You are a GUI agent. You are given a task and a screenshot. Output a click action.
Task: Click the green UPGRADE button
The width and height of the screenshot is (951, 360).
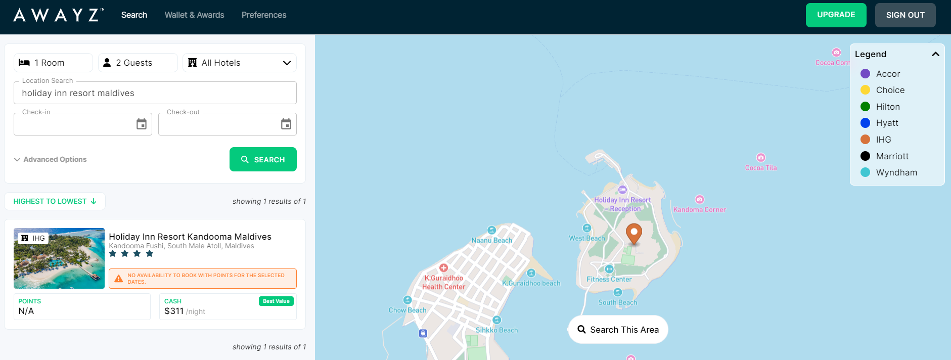coord(836,15)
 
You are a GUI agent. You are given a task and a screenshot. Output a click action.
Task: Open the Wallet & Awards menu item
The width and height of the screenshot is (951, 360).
coord(194,15)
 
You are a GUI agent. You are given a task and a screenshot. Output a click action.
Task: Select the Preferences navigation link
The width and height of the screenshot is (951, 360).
coord(264,15)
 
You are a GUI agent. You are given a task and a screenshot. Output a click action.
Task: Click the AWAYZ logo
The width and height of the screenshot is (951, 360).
coord(59,15)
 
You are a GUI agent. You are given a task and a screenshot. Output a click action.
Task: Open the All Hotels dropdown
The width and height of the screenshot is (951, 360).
coord(240,63)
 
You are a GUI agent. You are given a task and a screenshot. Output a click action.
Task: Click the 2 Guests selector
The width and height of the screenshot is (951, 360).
coord(138,63)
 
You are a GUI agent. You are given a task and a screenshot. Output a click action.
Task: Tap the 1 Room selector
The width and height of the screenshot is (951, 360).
coord(53,63)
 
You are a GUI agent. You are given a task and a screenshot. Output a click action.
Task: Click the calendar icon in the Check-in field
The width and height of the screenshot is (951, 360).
coord(142,124)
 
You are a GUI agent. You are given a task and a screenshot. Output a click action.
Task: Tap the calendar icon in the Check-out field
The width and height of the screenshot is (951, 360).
coord(286,124)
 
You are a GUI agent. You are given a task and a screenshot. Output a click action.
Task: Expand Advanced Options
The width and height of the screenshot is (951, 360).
coord(51,159)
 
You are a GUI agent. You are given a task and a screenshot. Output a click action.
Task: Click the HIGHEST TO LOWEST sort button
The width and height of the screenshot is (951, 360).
coord(55,201)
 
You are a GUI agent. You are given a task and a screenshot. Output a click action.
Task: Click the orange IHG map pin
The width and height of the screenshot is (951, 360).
coord(633,233)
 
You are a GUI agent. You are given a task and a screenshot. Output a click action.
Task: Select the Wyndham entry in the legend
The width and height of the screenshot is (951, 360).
coord(896,172)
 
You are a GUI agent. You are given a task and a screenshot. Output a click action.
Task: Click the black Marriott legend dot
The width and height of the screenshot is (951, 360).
coord(865,156)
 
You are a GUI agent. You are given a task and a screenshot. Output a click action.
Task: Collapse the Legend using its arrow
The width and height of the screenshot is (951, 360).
coord(935,54)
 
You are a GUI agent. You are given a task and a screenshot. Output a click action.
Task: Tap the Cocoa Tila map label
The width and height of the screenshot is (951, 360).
coord(760,168)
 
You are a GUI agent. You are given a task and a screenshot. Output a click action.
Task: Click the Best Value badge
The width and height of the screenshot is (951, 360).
coord(276,301)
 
